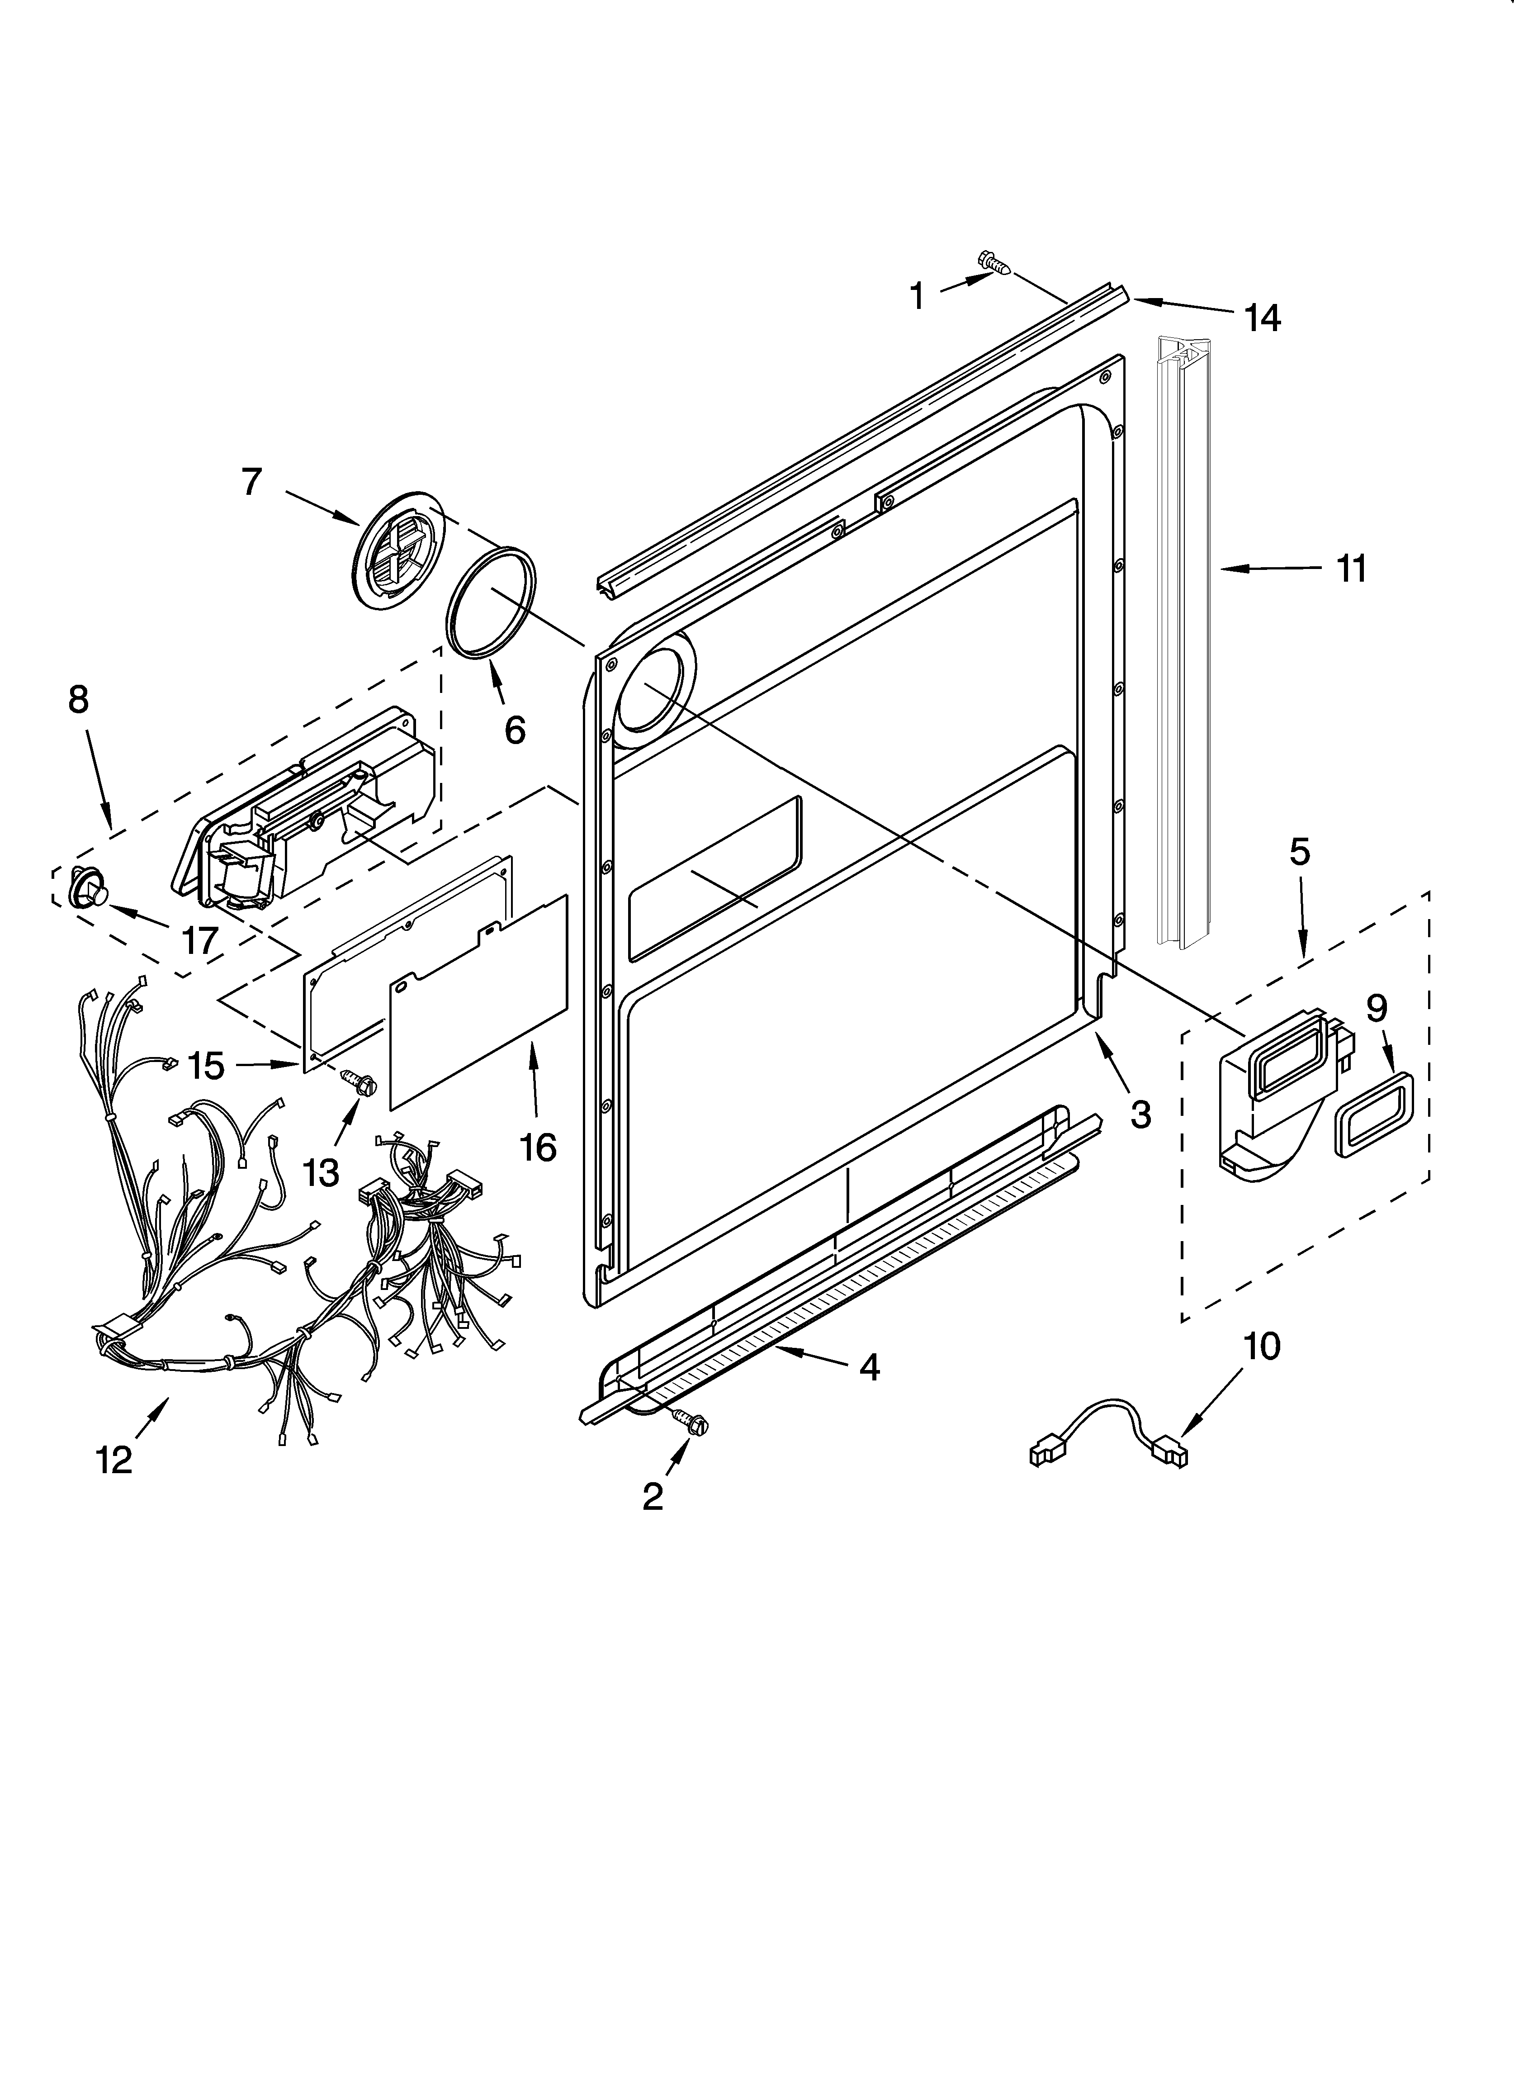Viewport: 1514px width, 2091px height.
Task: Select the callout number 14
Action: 1261,318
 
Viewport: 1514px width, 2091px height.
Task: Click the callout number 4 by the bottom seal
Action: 869,1368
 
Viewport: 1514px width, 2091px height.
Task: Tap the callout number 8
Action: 78,700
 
